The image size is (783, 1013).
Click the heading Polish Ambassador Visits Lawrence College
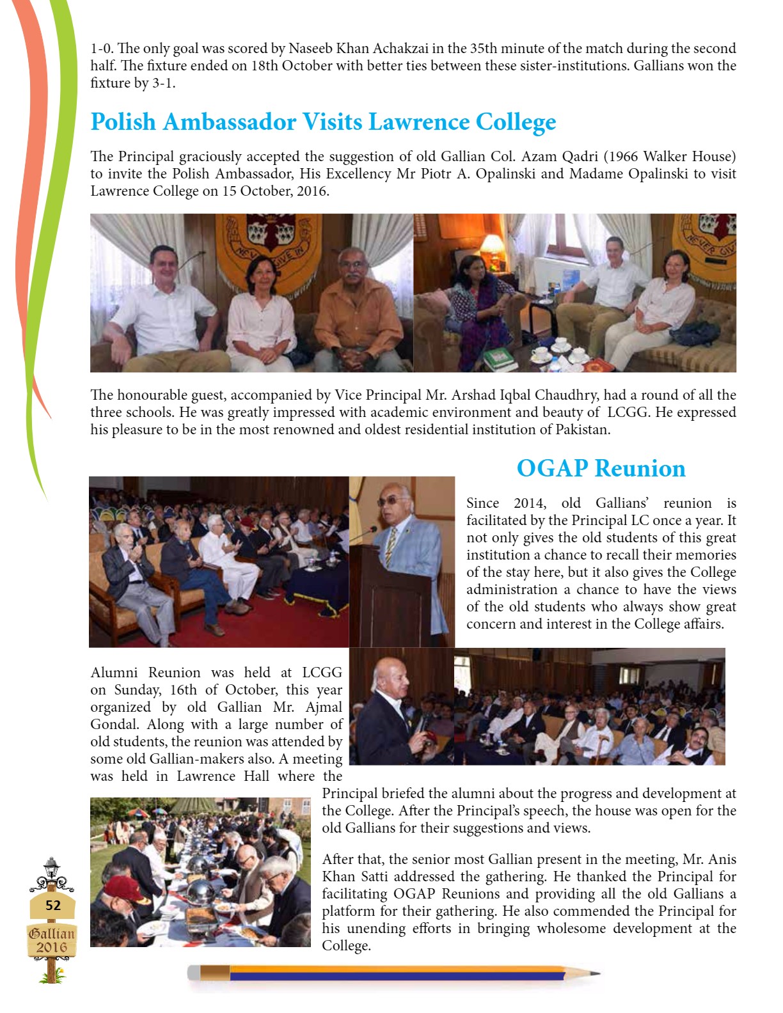pyautogui.click(x=323, y=122)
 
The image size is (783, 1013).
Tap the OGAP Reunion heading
pyautogui.click(x=601, y=468)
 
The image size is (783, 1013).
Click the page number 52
pyautogui.click(x=53, y=905)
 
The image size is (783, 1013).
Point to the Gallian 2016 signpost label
pyautogui.click(x=52, y=940)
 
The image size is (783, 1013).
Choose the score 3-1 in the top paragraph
pyautogui.click(x=162, y=83)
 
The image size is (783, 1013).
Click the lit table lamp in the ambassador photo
pyautogui.click(x=491, y=245)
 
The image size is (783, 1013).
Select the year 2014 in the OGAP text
pyautogui.click(x=530, y=503)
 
